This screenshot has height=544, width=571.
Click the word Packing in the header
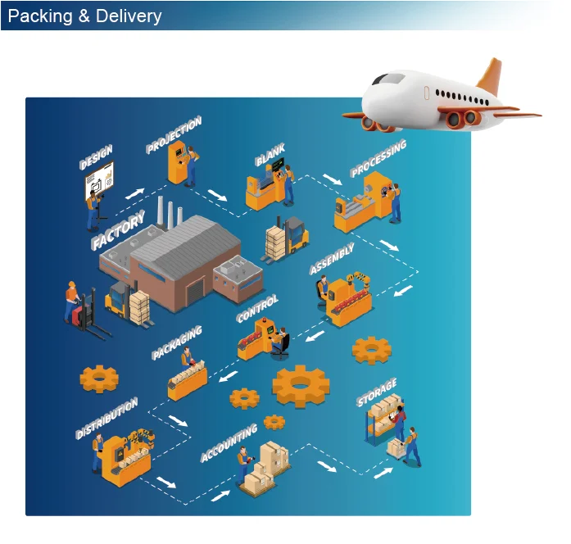click(x=39, y=16)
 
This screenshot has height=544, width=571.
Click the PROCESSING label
click(x=378, y=159)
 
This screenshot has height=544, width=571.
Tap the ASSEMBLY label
click(x=332, y=258)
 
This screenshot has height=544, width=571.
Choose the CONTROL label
click(x=257, y=309)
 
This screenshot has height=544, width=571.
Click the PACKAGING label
click(x=177, y=343)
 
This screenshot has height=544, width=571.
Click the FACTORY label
click(x=119, y=230)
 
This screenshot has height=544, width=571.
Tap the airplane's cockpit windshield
click(x=388, y=79)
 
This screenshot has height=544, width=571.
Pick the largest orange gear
click(x=301, y=385)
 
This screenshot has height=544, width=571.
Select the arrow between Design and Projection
click(x=134, y=193)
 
